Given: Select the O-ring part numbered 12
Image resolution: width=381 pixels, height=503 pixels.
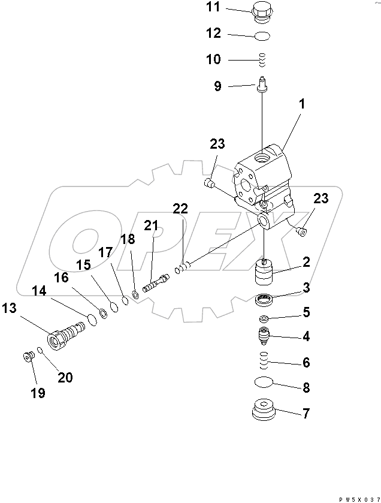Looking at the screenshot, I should [262, 37].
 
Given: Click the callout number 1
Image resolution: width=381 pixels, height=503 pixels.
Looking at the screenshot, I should [302, 104].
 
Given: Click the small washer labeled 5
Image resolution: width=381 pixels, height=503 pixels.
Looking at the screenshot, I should [264, 318].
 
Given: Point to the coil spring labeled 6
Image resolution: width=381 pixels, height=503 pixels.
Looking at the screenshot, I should [264, 361].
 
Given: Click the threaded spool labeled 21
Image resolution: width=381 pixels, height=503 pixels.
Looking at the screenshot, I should [154, 282].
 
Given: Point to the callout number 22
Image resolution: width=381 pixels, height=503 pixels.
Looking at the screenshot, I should [180, 209].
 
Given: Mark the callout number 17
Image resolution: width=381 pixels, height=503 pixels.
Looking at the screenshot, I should [105, 254].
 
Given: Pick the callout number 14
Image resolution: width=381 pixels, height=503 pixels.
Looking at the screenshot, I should [39, 291].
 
